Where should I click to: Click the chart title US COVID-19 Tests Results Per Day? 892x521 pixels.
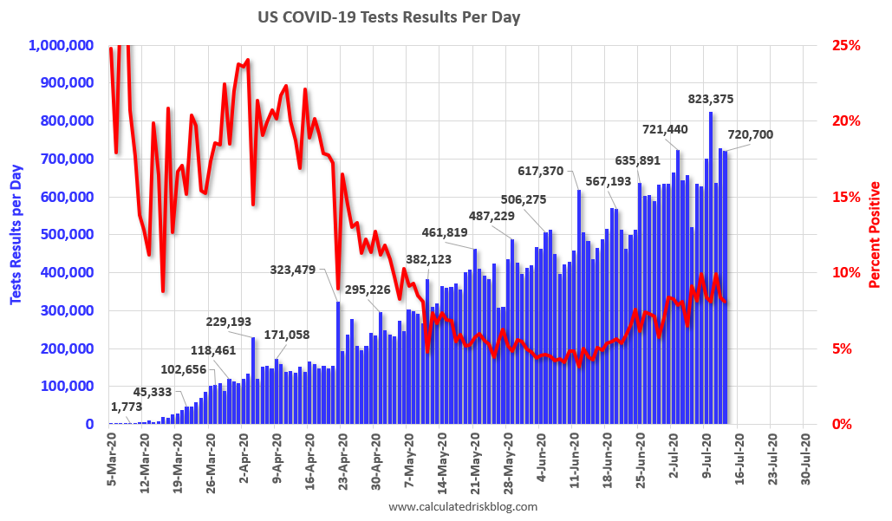pos(388,17)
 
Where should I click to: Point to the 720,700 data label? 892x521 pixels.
pos(751,134)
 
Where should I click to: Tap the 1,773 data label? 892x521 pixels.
pos(127,407)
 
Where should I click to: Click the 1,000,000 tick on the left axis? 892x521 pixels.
pos(62,45)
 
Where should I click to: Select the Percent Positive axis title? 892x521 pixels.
pos(875,234)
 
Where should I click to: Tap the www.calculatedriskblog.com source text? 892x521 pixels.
pos(462,507)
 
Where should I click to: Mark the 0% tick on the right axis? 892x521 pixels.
pos(850,425)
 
